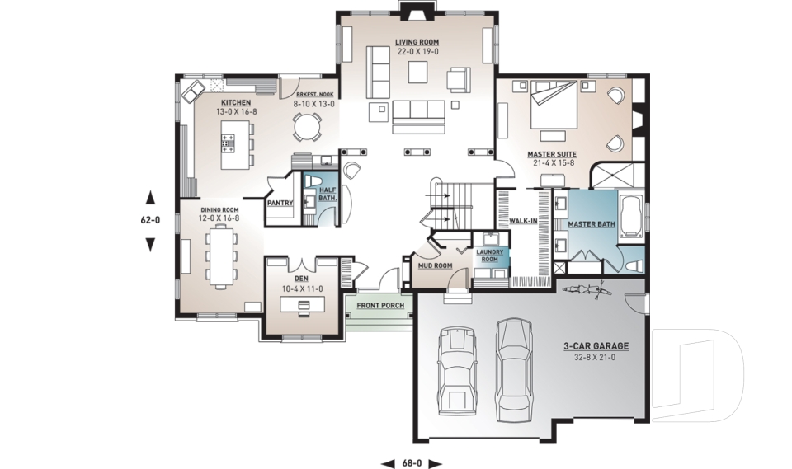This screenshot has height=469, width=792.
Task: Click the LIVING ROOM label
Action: [x=416, y=41]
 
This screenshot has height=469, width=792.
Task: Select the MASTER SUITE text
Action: [x=552, y=154]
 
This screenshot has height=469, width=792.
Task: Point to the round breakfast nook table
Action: [x=308, y=125]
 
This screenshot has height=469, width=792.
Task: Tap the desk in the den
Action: [x=301, y=305]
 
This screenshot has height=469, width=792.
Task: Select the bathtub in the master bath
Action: [x=631, y=217]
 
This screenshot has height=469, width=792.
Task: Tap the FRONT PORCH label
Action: [x=380, y=306]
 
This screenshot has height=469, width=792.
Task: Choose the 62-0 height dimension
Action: [x=150, y=220]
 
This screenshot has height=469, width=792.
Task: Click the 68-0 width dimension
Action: [x=412, y=463]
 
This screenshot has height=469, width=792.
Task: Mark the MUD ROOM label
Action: [x=434, y=265]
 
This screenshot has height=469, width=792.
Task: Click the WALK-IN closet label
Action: [x=524, y=221]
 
